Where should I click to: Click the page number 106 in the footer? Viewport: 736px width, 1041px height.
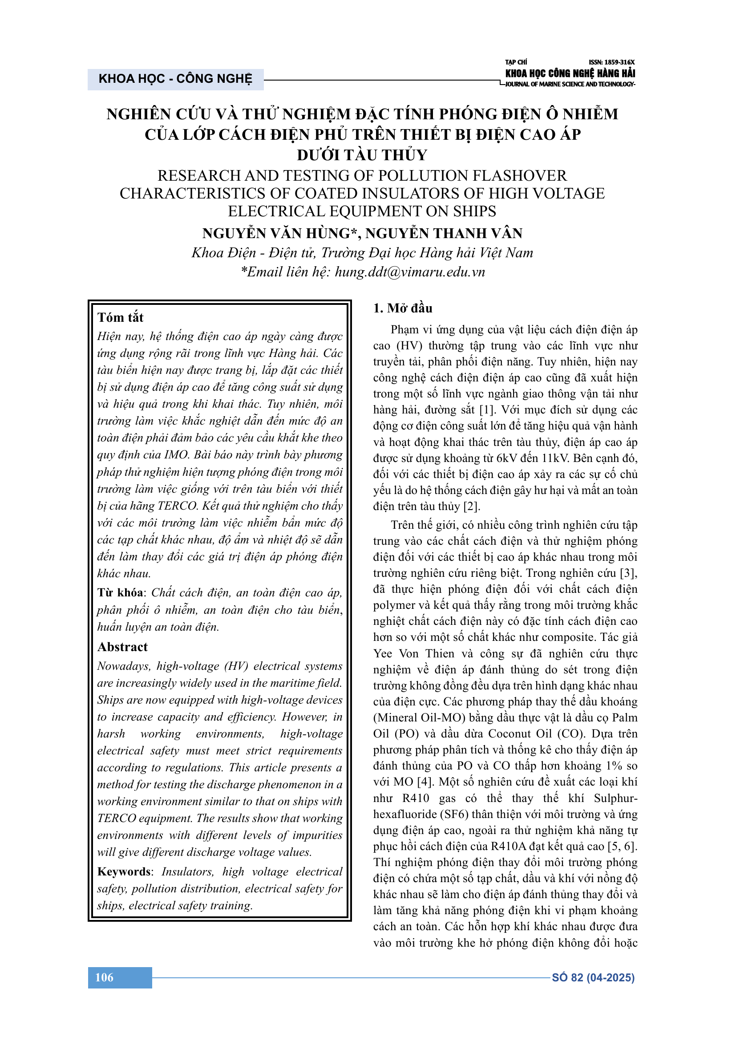(x=104, y=977)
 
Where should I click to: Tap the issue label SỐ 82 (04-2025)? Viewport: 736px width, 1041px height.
(x=593, y=977)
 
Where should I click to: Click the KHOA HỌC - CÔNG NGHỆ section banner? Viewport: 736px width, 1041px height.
(x=175, y=79)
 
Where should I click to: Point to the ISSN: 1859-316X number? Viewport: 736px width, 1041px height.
(x=611, y=62)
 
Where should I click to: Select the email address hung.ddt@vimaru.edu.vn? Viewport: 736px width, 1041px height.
(x=410, y=272)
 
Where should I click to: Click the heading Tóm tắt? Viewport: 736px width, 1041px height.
(x=120, y=317)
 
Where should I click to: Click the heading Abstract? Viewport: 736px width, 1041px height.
(x=122, y=647)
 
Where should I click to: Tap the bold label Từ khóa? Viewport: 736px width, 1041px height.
(x=120, y=593)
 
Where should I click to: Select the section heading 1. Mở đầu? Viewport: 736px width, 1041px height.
(x=402, y=308)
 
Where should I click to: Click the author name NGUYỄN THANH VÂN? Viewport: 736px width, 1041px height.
(x=444, y=234)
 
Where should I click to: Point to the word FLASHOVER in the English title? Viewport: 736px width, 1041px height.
(x=520, y=176)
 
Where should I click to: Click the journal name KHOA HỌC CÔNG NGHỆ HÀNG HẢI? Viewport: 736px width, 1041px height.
(x=570, y=73)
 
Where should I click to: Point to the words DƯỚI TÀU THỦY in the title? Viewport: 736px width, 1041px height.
(x=362, y=155)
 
